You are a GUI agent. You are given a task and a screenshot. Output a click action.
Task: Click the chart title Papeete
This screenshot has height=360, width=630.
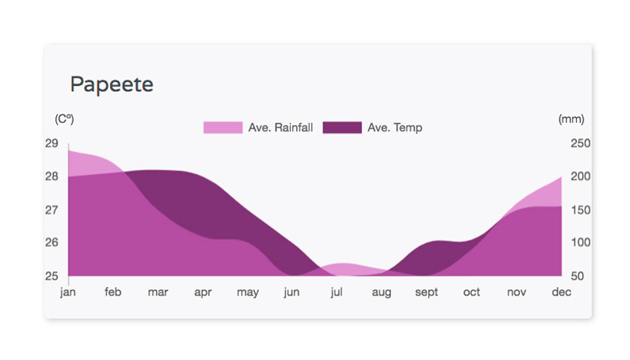click(x=112, y=85)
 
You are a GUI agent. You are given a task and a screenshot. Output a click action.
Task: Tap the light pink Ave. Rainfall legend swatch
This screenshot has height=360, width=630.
click(x=223, y=128)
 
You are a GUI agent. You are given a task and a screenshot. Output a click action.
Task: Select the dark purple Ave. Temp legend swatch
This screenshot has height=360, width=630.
click(x=342, y=128)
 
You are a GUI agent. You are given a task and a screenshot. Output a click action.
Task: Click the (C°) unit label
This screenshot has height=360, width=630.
click(x=65, y=119)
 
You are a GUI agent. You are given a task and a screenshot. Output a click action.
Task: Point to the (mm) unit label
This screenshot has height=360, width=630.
click(x=572, y=119)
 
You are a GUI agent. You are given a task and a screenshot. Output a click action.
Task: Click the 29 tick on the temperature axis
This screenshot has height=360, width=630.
click(x=52, y=144)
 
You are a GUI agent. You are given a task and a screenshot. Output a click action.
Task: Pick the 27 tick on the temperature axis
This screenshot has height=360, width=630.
click(x=52, y=210)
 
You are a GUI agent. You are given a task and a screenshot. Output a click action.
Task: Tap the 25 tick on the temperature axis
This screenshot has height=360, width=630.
click(x=52, y=276)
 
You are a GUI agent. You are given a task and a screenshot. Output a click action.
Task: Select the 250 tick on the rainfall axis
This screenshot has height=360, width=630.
click(x=581, y=144)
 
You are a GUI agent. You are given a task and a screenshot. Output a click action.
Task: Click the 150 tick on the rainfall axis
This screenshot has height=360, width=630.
click(x=581, y=210)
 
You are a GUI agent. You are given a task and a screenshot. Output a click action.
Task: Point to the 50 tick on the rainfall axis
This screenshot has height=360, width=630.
click(x=578, y=276)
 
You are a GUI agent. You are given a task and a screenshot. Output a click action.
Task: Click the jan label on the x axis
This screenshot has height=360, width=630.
click(x=68, y=292)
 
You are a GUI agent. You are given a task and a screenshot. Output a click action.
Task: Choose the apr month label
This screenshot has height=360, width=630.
click(x=203, y=292)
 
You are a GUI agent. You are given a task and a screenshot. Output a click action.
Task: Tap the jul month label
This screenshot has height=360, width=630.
click(x=337, y=292)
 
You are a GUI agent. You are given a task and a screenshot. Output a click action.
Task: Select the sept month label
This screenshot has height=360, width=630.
click(x=427, y=292)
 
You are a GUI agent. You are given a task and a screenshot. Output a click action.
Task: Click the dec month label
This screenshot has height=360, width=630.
click(x=561, y=292)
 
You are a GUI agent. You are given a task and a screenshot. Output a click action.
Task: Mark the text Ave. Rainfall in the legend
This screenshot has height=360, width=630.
click(x=280, y=128)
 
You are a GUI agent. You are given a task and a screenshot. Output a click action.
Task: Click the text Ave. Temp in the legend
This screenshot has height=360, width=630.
click(x=395, y=128)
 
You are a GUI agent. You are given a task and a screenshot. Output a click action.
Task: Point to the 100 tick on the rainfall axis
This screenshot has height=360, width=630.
click(x=581, y=242)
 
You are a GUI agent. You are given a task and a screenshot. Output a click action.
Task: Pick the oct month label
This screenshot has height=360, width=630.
click(x=471, y=292)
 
